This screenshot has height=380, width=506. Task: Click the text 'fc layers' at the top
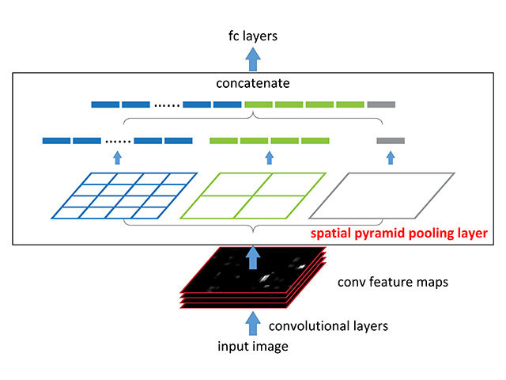click(252, 36)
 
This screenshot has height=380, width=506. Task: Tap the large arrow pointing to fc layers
click(252, 58)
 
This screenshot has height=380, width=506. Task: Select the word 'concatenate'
click(253, 82)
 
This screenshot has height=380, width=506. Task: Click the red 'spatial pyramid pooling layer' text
click(398, 234)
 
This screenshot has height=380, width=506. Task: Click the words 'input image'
click(252, 346)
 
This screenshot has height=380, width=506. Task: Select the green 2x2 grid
click(253, 195)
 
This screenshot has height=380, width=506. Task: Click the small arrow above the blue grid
click(117, 158)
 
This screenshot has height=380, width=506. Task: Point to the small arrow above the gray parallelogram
click(390, 158)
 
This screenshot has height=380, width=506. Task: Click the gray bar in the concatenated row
click(381, 104)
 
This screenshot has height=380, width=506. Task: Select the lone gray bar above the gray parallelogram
click(390, 141)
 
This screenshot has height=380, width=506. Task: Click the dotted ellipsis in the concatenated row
click(166, 104)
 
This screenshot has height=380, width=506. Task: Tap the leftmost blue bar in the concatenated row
click(104, 104)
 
